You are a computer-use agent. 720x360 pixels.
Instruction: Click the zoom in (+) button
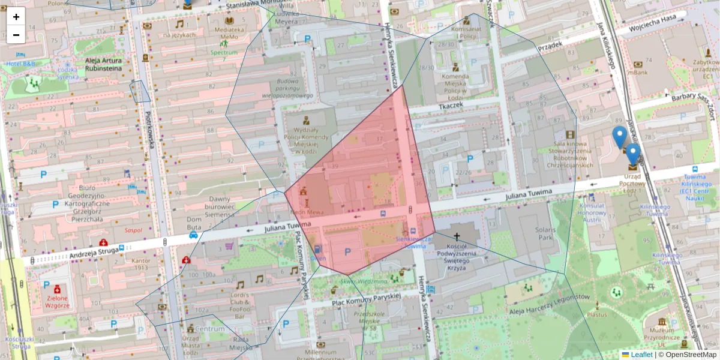[16, 17]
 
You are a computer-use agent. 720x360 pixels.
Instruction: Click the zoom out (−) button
[16, 34]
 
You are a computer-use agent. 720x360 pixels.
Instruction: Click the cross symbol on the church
[457, 238]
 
